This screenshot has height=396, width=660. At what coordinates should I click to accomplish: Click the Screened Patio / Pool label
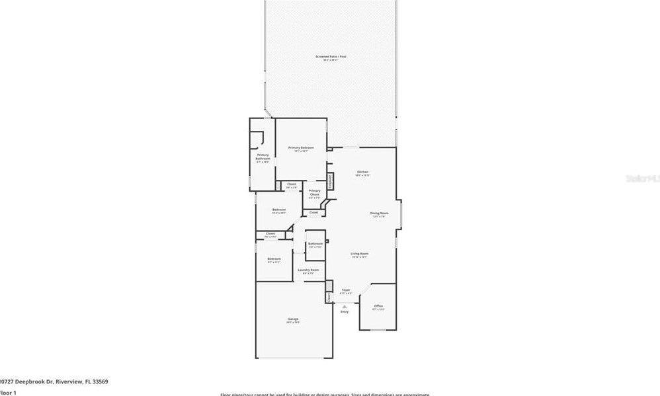click(331, 57)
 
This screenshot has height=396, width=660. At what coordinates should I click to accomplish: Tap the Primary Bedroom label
click(301, 147)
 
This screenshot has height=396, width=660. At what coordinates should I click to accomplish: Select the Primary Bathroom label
click(263, 157)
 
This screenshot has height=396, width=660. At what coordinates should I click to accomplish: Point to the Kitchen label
click(362, 172)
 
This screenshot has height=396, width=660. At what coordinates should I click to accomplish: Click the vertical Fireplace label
click(330, 180)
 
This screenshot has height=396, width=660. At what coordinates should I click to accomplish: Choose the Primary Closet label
click(315, 192)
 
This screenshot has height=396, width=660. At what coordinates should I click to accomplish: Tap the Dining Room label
click(379, 213)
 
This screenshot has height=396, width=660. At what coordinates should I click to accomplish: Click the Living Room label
click(360, 253)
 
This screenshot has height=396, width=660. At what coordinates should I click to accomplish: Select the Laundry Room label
click(308, 270)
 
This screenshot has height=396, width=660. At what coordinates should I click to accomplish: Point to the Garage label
click(293, 319)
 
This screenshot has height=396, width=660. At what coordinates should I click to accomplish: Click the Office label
click(378, 306)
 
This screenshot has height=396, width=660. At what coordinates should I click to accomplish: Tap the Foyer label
click(345, 290)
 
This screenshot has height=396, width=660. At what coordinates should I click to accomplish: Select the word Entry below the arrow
click(345, 312)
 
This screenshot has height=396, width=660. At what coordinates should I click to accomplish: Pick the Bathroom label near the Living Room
click(315, 243)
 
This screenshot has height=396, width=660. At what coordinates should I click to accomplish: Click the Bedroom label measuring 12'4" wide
click(279, 210)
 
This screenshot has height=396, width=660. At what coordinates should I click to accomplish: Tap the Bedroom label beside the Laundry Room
click(274, 258)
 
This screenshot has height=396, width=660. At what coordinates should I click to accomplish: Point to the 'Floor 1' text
click(8, 393)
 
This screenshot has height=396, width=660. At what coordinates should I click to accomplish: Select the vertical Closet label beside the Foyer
click(329, 297)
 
